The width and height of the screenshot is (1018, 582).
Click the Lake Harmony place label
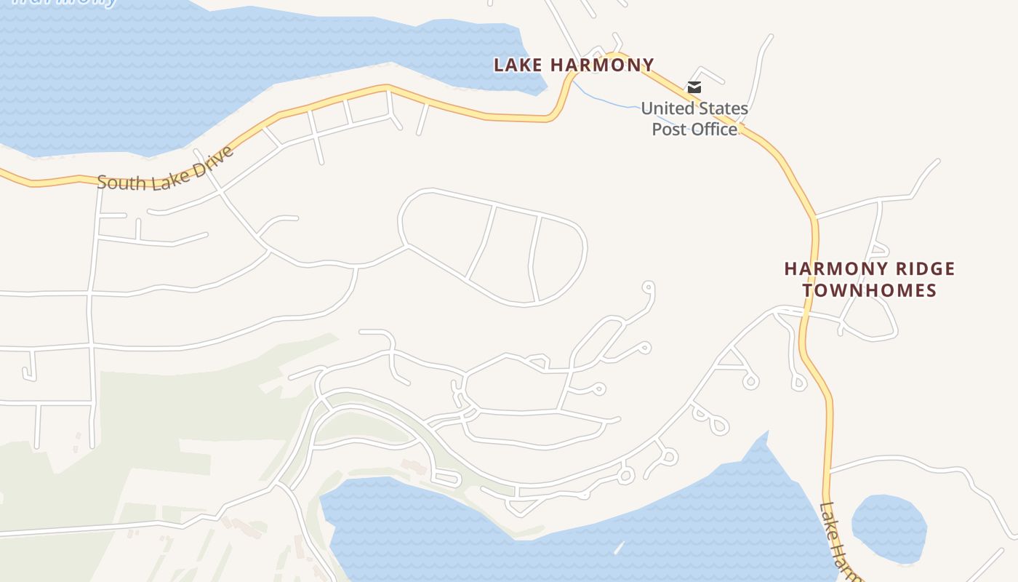pyautogui.click(x=574, y=65)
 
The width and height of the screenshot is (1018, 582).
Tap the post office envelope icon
pyautogui.click(x=694, y=87)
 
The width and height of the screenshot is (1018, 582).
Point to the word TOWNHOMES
pyautogui.click(x=870, y=290)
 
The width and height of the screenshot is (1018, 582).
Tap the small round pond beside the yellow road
pyautogui.click(x=889, y=527)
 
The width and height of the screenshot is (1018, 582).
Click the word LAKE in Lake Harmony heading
pyautogui.click(x=518, y=65)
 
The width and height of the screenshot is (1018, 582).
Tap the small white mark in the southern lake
pyautogui.click(x=619, y=547)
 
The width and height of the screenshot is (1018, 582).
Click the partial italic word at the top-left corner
pyautogui.click(x=65, y=2)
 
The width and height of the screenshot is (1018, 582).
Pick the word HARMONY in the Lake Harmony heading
pyautogui.click(x=602, y=65)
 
